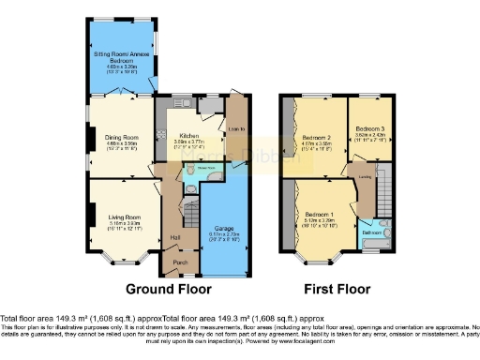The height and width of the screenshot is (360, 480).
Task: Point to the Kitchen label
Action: point(190,134)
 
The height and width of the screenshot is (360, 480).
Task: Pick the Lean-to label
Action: point(236,129)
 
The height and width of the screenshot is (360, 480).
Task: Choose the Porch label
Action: point(180,263)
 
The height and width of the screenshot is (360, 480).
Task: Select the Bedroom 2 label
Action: point(316,137)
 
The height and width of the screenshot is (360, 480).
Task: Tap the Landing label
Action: point(360,174)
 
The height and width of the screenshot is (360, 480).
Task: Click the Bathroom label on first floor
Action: point(372,232)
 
